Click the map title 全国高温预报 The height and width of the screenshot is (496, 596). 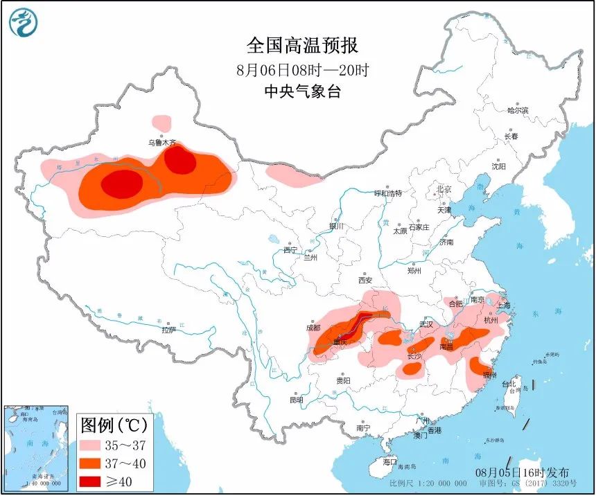tap(303, 46)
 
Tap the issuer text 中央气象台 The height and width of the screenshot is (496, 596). tap(303, 91)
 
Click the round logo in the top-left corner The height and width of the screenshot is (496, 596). tap(24, 24)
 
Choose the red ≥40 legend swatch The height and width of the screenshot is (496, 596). tap(95, 481)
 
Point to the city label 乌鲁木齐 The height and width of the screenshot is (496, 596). tap(161, 143)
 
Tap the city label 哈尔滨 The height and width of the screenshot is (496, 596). tap(517, 110)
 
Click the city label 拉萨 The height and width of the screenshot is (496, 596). tap(169, 330)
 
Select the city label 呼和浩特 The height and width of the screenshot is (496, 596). tap(388, 193)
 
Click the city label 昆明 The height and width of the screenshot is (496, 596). tap(297, 400)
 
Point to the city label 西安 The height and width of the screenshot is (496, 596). tap(365, 281)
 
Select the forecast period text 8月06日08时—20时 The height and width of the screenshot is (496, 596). tap(303, 69)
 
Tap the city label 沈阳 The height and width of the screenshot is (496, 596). tap(498, 167)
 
